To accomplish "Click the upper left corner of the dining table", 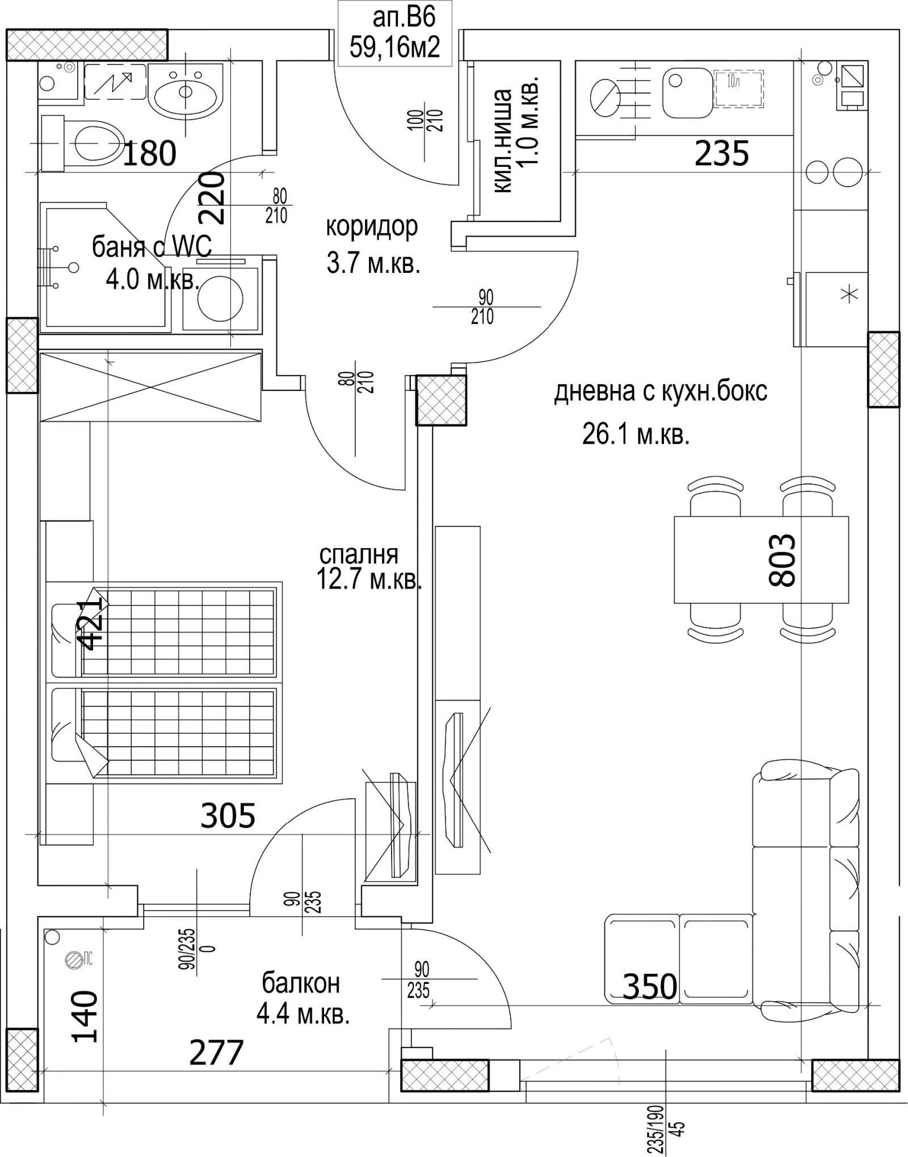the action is (x=675, y=516).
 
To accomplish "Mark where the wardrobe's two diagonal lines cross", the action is (x=151, y=386).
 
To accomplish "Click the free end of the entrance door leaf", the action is (x=459, y=184).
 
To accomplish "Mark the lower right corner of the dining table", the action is (x=848, y=603).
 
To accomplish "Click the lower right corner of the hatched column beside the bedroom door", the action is (x=466, y=424).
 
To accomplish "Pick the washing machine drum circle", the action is (x=220, y=298).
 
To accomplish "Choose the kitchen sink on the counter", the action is (x=687, y=93).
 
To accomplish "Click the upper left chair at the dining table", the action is (x=715, y=497).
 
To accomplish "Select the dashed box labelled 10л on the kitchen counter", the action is (x=739, y=88).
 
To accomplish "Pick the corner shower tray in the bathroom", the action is (x=106, y=266).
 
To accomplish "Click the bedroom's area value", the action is (x=369, y=581).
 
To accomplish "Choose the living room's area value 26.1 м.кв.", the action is (x=636, y=435).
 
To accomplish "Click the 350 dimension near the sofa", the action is (x=650, y=987).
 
